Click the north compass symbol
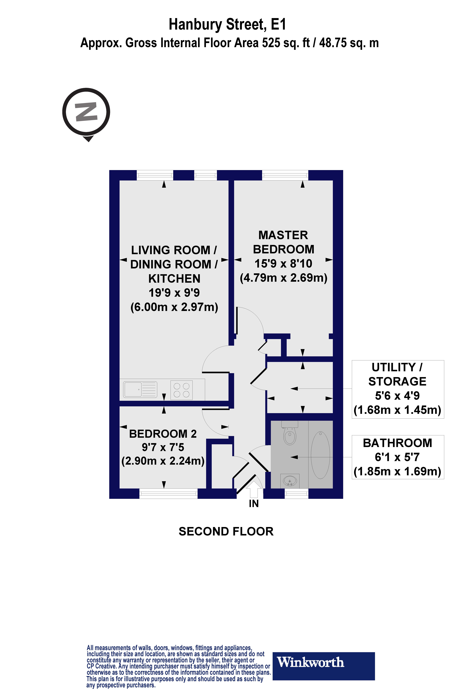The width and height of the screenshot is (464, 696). click(x=86, y=112)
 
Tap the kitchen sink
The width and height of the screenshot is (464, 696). click(x=140, y=389)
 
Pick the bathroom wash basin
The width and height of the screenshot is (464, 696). click(x=290, y=481)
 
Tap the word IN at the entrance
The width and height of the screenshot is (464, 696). click(x=254, y=504)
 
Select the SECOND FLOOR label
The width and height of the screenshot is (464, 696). click(x=226, y=531)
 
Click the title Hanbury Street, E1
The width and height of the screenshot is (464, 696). click(x=227, y=25)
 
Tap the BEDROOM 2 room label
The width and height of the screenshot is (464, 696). click(x=163, y=434)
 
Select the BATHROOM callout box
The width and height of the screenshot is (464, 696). click(x=397, y=457)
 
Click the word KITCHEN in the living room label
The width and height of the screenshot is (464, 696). click(x=174, y=278)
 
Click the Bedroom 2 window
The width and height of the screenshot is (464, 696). click(x=168, y=493)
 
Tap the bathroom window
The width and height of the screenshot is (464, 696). click(x=296, y=493)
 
